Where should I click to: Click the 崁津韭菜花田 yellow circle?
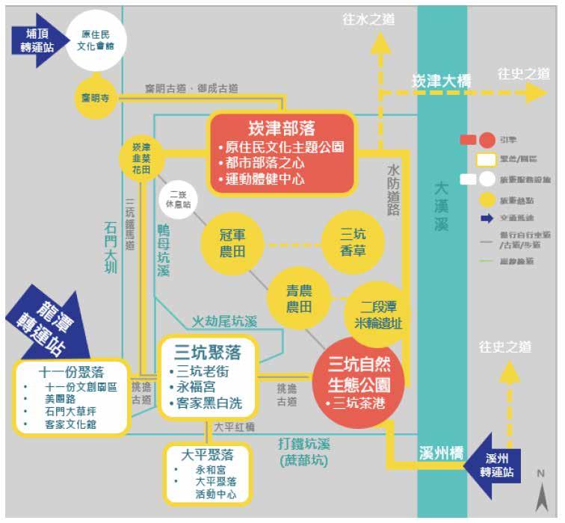pyautogui.click(x=141, y=158)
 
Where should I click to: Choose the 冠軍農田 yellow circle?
pyautogui.click(x=232, y=243)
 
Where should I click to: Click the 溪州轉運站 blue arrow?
pyautogui.click(x=501, y=465)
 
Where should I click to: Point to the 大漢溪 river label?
pyautogui.click(x=442, y=206)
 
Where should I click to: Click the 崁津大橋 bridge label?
pyautogui.click(x=442, y=81)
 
